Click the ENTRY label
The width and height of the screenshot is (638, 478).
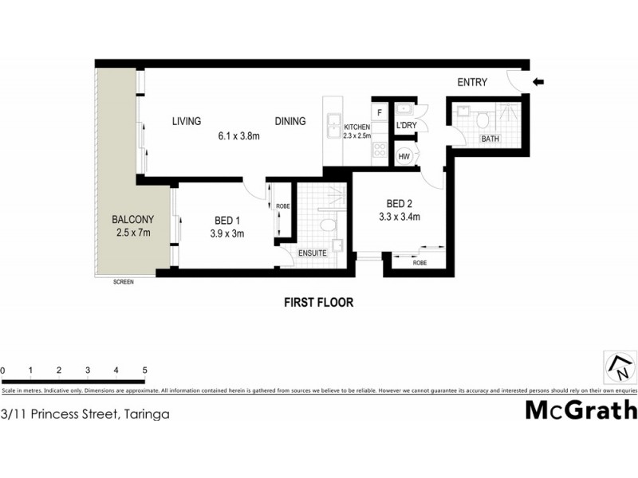point(472,82)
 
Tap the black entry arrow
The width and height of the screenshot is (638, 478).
point(538,80)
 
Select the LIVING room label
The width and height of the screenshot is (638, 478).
point(187,121)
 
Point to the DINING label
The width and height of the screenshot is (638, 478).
point(290,121)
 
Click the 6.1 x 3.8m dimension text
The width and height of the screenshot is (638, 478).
point(239,136)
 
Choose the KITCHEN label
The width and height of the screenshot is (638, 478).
point(356,127)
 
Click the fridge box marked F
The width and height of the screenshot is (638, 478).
point(380,112)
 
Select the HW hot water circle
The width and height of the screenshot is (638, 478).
point(404,157)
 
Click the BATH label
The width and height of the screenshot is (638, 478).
point(490,140)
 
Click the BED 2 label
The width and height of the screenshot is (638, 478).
point(398,202)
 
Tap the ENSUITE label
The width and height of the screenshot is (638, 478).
point(313,253)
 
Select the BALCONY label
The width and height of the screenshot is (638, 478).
point(132,219)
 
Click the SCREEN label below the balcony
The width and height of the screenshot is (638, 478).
point(124,282)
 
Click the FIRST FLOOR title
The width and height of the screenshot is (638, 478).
point(318,303)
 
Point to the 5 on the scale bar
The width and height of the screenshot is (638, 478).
point(144,370)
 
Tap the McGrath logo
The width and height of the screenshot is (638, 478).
point(581,409)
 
